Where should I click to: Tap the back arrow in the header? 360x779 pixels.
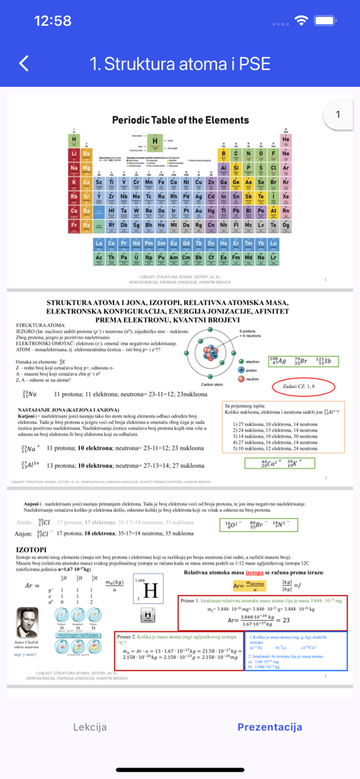click(24, 63)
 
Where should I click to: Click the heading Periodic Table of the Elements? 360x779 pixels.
click(180, 120)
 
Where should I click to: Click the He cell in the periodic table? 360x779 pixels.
click(285, 140)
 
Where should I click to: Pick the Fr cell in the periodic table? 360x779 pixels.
click(75, 225)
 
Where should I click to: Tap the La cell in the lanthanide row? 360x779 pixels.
click(98, 243)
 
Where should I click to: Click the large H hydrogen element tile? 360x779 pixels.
click(150, 590)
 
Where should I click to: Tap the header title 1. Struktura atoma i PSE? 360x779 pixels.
click(180, 63)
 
